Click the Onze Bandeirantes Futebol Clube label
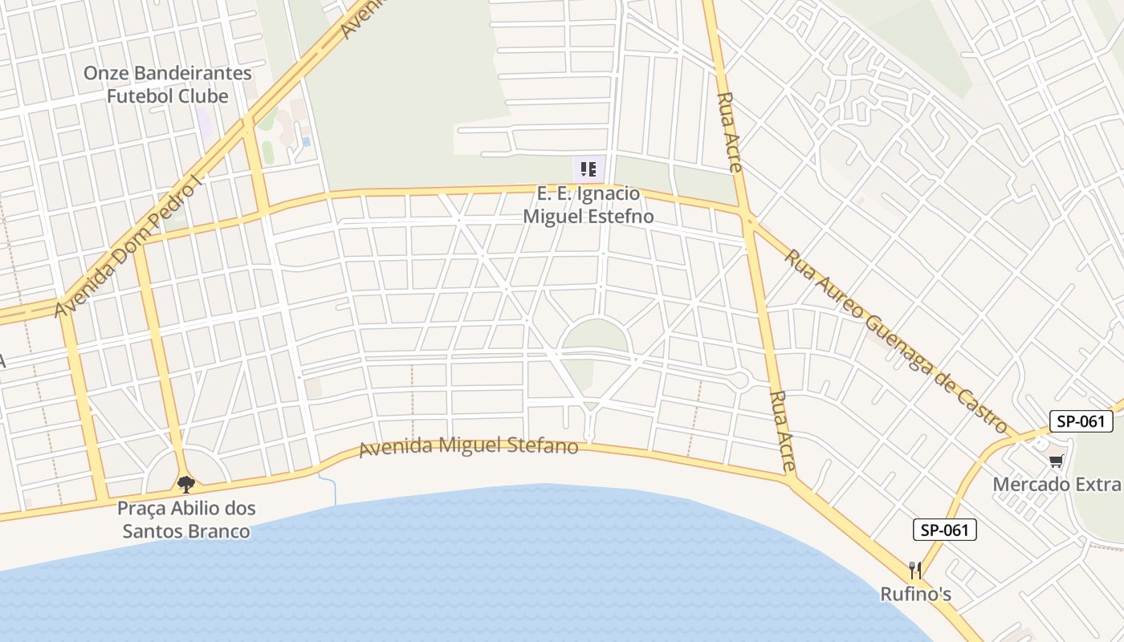pos(167,84)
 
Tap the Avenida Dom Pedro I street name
pos(127,247)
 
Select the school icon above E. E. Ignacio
pos(588,169)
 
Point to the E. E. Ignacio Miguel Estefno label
pos(588,205)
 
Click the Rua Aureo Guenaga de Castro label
pos(895,342)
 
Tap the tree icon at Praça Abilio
pos(186,485)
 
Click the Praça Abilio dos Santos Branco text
pos(186,519)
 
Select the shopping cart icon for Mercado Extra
pos(1057,461)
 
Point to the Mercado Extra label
pos(1057,485)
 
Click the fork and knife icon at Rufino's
pos(915,571)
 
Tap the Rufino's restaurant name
pos(915,595)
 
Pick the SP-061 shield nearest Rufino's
pos(944,530)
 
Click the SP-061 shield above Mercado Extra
pos(1081,421)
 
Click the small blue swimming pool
pos(307,142)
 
